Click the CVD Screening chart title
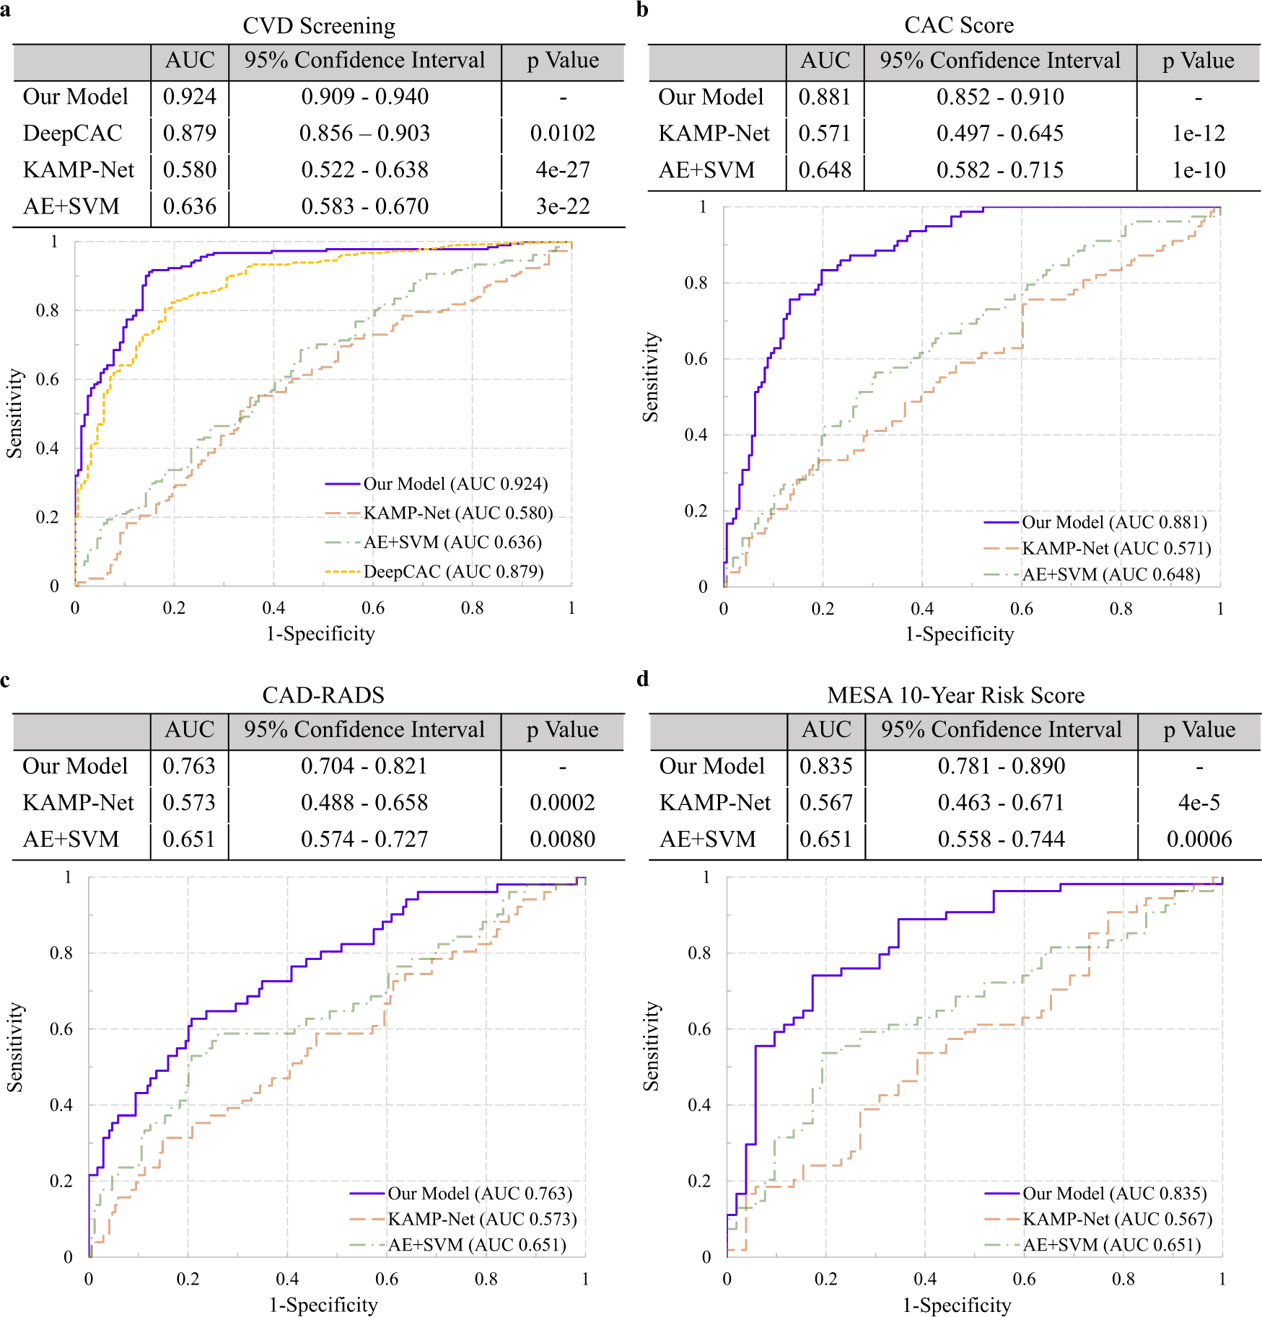319,26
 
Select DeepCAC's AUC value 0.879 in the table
189,133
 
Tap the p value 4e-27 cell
563,170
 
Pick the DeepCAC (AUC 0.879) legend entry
453,572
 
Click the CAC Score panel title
959,25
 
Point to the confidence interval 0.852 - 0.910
1000,97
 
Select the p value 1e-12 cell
1199,133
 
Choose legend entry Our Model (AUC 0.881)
1114,522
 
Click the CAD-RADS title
323,695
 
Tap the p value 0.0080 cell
563,840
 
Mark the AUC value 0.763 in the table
189,766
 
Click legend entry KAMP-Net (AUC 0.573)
482,1219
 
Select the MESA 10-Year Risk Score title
956,695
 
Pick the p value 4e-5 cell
1199,803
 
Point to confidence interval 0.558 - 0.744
1002,840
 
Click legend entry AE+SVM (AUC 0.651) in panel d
1111,1245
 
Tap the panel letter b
642,9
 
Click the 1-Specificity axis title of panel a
320,634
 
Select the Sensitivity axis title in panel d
651,1046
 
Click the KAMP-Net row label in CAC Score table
714,133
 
